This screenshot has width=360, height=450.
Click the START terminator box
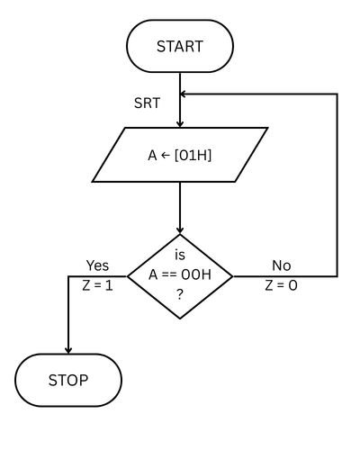coord(180,45)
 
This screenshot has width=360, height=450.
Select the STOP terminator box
coord(68,380)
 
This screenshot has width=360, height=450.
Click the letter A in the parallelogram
coord(152,154)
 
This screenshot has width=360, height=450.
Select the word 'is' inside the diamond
coord(180,256)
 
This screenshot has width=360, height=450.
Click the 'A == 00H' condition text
coord(180,274)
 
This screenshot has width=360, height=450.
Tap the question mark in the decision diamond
coord(180,295)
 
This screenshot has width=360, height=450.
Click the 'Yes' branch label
coord(97,265)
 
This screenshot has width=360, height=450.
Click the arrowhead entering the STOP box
coord(68,349)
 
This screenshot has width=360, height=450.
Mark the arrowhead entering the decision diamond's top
coord(180,229)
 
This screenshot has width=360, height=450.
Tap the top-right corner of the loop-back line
coord(337,92)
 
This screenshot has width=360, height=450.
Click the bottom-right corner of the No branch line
coord(337,275)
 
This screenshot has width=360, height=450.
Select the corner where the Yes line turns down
coord(68,275)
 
